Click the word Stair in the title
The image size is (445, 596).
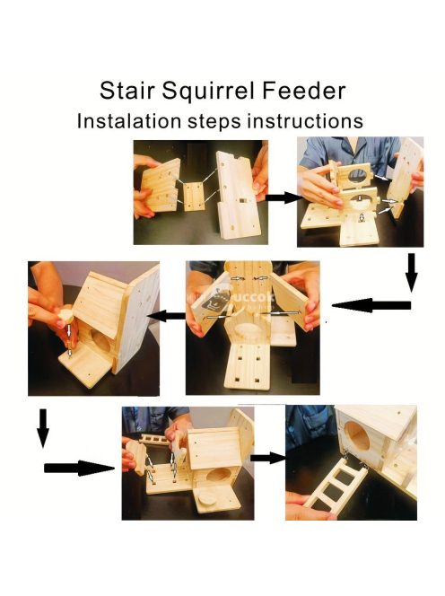tap(127, 91)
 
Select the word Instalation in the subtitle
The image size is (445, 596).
tap(129, 121)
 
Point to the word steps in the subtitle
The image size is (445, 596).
tap(214, 122)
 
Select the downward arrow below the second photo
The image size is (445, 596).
tap(411, 273)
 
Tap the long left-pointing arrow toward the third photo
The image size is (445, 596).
tap(371, 305)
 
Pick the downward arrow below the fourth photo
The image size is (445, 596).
tap(43, 428)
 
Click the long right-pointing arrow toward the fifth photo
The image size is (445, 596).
tap(80, 468)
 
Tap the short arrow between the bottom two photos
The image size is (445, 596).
tap(268, 458)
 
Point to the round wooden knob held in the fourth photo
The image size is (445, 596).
tap(65, 316)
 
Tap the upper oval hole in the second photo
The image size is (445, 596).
tap(357, 175)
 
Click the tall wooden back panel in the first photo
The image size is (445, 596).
tap(238, 195)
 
